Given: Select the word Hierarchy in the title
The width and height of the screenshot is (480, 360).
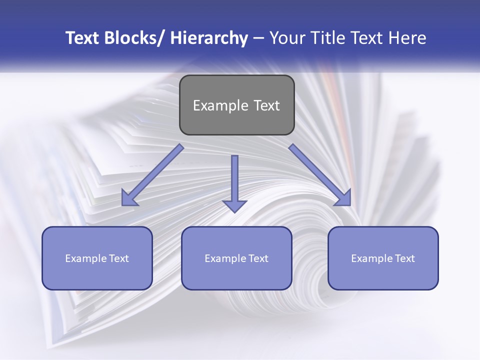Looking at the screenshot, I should [209, 38].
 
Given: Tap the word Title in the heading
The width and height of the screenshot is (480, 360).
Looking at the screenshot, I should [326, 38].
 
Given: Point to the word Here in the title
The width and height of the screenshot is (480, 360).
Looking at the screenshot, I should [406, 38].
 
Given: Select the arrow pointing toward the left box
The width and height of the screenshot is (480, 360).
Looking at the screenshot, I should [152, 175].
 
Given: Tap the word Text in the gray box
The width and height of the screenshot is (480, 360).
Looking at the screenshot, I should [265, 105].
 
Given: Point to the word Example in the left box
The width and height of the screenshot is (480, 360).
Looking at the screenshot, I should [85, 258].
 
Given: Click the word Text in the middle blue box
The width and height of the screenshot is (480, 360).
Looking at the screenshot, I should [258, 258].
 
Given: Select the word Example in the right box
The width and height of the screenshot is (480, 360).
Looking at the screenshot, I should [371, 258].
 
